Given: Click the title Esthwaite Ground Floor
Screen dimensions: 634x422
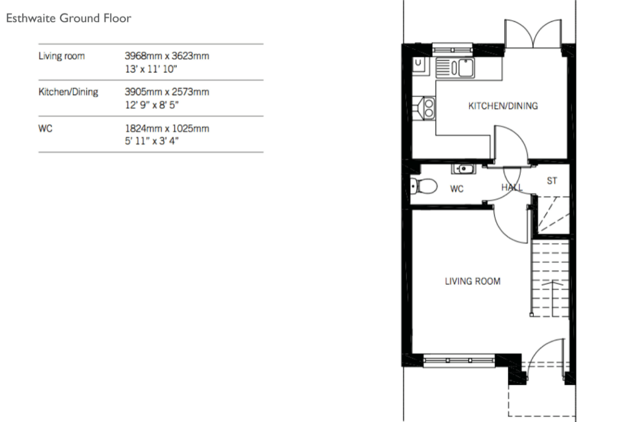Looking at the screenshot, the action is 69,18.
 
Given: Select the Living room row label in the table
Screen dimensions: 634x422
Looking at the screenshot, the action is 62,56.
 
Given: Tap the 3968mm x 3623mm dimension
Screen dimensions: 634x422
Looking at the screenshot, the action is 167,56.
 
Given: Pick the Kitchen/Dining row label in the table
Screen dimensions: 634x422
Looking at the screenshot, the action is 68,92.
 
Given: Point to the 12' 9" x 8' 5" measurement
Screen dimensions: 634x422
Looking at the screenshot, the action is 152,105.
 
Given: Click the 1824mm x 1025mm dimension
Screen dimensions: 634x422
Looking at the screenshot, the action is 167,128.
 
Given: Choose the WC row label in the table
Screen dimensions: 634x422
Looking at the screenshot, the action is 45,128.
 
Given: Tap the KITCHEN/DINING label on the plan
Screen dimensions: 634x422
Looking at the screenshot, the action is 503,106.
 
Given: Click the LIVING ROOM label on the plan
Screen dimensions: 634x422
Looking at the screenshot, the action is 473,281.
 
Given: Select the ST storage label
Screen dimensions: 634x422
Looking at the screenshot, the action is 552,180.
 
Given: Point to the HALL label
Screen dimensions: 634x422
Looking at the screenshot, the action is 512,187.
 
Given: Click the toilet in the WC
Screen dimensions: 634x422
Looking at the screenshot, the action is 424,186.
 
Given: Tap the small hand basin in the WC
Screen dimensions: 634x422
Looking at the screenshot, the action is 464,169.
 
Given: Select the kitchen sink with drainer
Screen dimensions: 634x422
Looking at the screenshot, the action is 455,68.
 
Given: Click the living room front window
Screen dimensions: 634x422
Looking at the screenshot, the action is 459,361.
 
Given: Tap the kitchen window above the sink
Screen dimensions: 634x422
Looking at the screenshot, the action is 452,49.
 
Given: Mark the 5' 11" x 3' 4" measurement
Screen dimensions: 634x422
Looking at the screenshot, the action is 152,141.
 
